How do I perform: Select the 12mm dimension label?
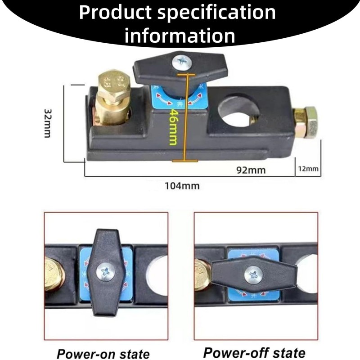click(308, 169)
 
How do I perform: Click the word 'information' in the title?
click(180, 36)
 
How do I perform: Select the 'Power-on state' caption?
click(103, 353)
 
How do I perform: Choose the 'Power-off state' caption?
click(254, 352)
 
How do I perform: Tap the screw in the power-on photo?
click(106, 272)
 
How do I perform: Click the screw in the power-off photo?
click(253, 275)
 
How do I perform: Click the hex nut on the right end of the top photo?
click(306, 121)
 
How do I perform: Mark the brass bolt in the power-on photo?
click(53, 274)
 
